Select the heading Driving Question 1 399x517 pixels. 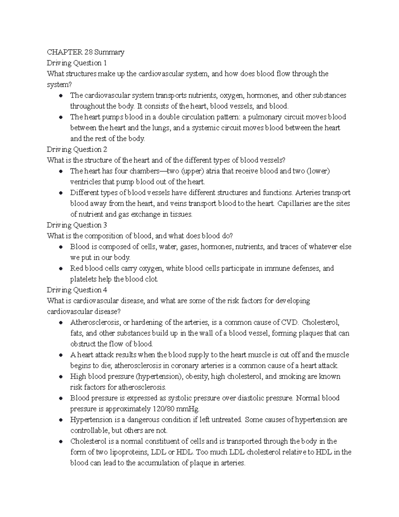tap(77, 63)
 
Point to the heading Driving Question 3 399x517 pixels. tap(77, 225)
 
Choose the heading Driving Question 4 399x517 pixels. tap(77, 290)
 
